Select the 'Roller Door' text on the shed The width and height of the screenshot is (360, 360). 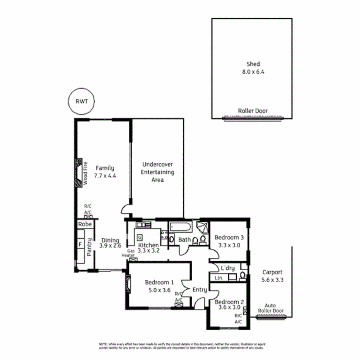pos(252,111)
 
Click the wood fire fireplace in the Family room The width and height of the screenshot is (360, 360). pos(79,173)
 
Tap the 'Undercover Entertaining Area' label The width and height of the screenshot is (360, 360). pos(157,172)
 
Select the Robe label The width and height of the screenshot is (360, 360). pos(85,224)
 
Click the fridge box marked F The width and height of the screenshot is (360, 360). pos(80,245)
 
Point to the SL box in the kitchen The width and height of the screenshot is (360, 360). pos(140,237)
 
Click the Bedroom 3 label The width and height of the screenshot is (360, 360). pos(229,238)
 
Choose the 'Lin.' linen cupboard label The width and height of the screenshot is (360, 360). pos(219,278)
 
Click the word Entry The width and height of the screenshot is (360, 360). pos(200,290)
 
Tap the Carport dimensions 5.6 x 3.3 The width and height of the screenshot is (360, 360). pos(272,280)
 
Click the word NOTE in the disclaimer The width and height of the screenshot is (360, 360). pos(103,344)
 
